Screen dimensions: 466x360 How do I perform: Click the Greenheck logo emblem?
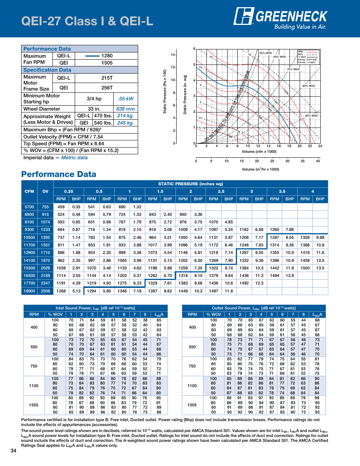pyautogui.click(x=244, y=16)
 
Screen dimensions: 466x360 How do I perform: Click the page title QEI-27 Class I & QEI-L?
pyautogui.click(x=87, y=21)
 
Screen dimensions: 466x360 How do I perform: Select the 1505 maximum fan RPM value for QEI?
pyautogui.click(x=107, y=63)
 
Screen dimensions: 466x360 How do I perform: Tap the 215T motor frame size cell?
pyautogui.click(x=107, y=78)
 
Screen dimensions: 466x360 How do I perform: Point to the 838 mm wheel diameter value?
pyautogui.click(x=125, y=109)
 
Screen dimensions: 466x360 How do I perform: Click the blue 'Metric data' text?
pyautogui.click(x=74, y=157)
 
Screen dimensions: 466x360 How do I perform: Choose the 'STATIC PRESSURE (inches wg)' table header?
pyautogui.click(x=191, y=184)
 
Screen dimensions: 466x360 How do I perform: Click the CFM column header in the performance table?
pyautogui.click(x=29, y=191)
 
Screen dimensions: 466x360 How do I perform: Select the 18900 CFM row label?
pyautogui.click(x=29, y=291)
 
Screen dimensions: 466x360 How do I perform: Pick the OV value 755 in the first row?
pyautogui.click(x=45, y=207)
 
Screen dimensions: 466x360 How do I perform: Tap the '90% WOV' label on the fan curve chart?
pyautogui.click(x=311, y=115)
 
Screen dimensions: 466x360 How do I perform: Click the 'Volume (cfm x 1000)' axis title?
pyautogui.click(x=259, y=151)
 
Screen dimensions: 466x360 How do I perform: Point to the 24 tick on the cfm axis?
pyautogui.click(x=320, y=146)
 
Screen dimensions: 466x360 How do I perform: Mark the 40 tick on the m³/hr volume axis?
pyautogui.click(x=318, y=161)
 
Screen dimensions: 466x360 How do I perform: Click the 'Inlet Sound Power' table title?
pyautogui.click(x=95, y=308)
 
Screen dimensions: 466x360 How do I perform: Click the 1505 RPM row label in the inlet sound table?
pyautogui.click(x=34, y=405)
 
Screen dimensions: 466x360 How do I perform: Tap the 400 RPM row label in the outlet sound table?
pyautogui.click(x=192, y=327)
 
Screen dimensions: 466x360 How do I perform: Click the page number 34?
pyautogui.click(x=14, y=451)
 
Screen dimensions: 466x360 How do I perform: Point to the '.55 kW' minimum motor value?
pyautogui.click(x=125, y=99)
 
